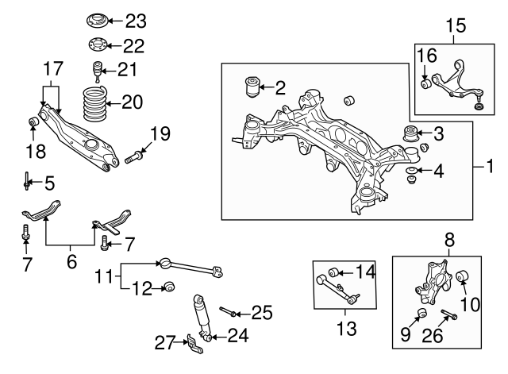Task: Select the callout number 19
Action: (160, 134)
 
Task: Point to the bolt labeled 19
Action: (133, 159)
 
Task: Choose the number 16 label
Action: (427, 55)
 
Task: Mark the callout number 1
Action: (490, 168)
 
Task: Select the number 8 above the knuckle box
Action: (448, 237)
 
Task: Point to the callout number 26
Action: (433, 337)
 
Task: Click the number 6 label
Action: (72, 260)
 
